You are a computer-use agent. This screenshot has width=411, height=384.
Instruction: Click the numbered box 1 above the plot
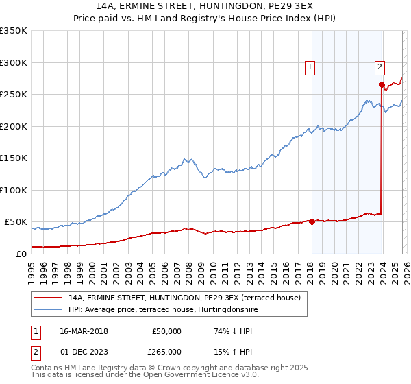point(310,67)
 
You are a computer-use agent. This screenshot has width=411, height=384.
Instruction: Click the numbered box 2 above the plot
point(379,67)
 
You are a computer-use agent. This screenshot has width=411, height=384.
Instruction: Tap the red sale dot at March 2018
point(312,221)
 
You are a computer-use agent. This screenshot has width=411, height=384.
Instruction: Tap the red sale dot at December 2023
point(381,85)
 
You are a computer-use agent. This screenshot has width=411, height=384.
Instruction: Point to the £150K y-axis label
point(14,158)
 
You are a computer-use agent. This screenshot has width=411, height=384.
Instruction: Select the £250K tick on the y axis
point(14,94)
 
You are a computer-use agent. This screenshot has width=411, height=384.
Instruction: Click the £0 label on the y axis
point(21,254)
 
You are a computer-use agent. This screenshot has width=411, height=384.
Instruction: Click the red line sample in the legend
point(49,298)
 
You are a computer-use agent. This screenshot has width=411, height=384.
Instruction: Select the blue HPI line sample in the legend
point(49,311)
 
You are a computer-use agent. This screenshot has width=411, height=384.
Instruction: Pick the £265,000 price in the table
point(166,351)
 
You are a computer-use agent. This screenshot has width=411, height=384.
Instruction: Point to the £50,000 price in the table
point(166,331)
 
